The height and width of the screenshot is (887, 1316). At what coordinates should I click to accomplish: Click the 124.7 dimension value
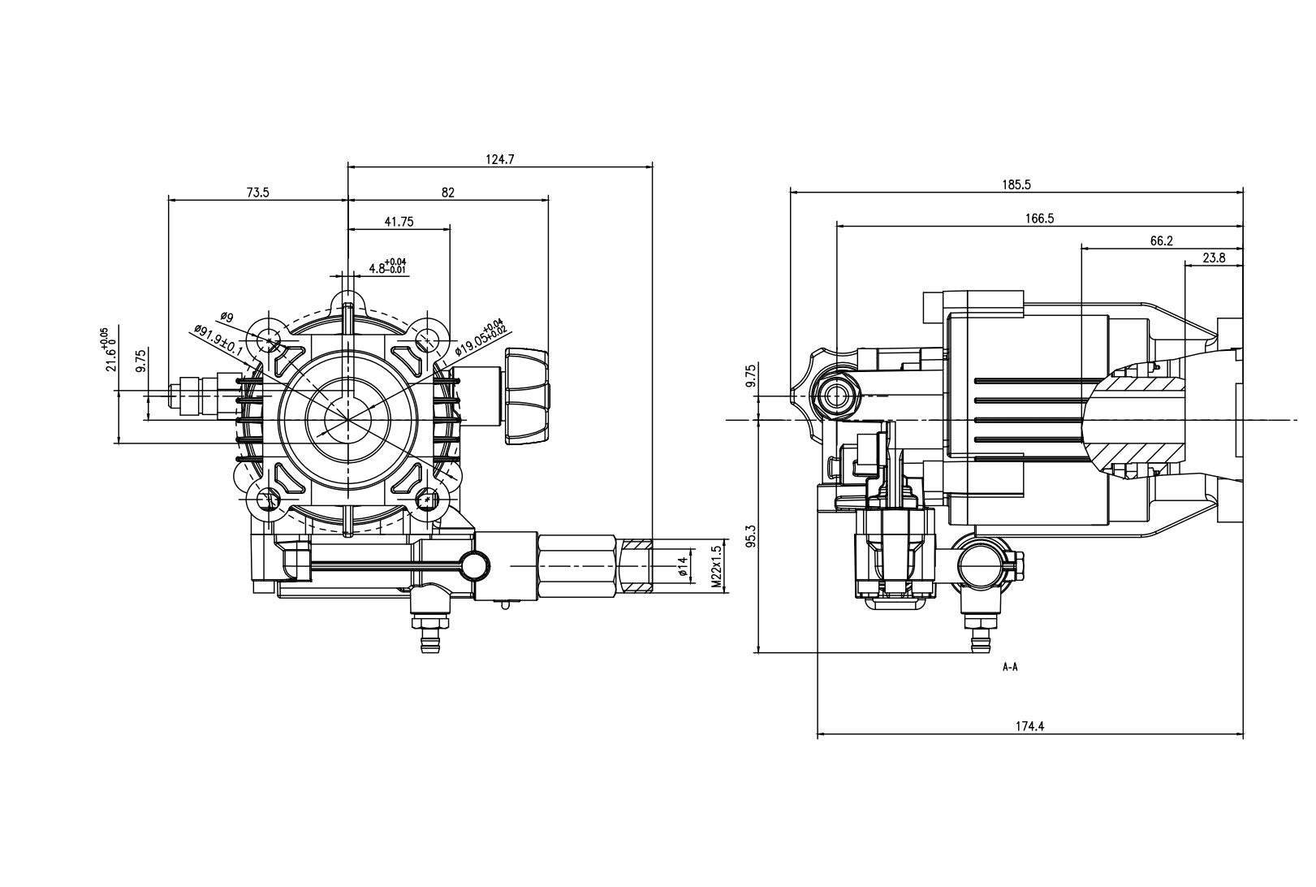pyautogui.click(x=499, y=160)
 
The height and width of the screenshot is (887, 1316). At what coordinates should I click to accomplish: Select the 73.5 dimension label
pyautogui.click(x=257, y=193)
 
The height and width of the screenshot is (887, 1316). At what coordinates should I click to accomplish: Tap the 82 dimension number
pyautogui.click(x=448, y=193)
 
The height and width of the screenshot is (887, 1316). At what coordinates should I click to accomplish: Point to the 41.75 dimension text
pyautogui.click(x=399, y=222)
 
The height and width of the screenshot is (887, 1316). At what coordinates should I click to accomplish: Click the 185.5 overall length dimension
pyautogui.click(x=1016, y=185)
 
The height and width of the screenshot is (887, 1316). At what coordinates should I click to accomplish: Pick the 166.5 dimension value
pyautogui.click(x=1039, y=219)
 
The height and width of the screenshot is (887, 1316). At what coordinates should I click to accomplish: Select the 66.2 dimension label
pyautogui.click(x=1162, y=241)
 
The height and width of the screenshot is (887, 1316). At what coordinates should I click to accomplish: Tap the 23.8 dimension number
pyautogui.click(x=1214, y=258)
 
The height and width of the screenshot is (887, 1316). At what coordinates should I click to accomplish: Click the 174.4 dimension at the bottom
pyautogui.click(x=1029, y=727)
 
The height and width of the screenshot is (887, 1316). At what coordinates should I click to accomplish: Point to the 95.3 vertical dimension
pyautogui.click(x=750, y=536)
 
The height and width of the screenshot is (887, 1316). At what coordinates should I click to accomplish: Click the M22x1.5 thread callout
pyautogui.click(x=716, y=566)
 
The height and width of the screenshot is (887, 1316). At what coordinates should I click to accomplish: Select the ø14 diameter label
pyautogui.click(x=684, y=566)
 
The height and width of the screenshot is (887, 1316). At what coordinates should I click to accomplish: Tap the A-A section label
pyautogui.click(x=1010, y=668)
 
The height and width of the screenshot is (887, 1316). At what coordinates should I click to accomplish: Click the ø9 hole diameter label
pyautogui.click(x=227, y=317)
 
